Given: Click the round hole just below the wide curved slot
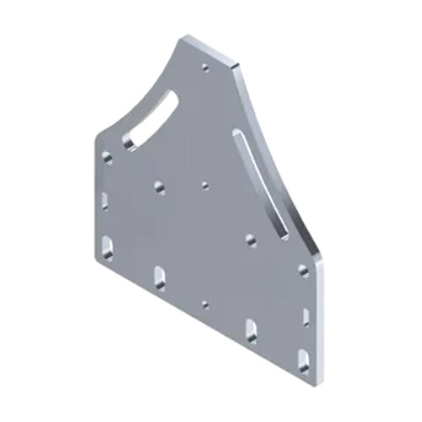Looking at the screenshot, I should (107, 158).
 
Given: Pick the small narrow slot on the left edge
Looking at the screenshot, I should (105, 201).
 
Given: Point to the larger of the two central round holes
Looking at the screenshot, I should (160, 185).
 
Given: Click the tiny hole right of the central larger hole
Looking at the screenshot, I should (205, 181).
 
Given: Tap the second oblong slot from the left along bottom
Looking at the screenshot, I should (160, 276).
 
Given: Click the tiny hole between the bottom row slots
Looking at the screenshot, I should (205, 301).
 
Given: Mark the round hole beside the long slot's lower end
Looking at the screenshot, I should (251, 239).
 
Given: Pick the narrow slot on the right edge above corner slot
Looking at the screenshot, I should (303, 316).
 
